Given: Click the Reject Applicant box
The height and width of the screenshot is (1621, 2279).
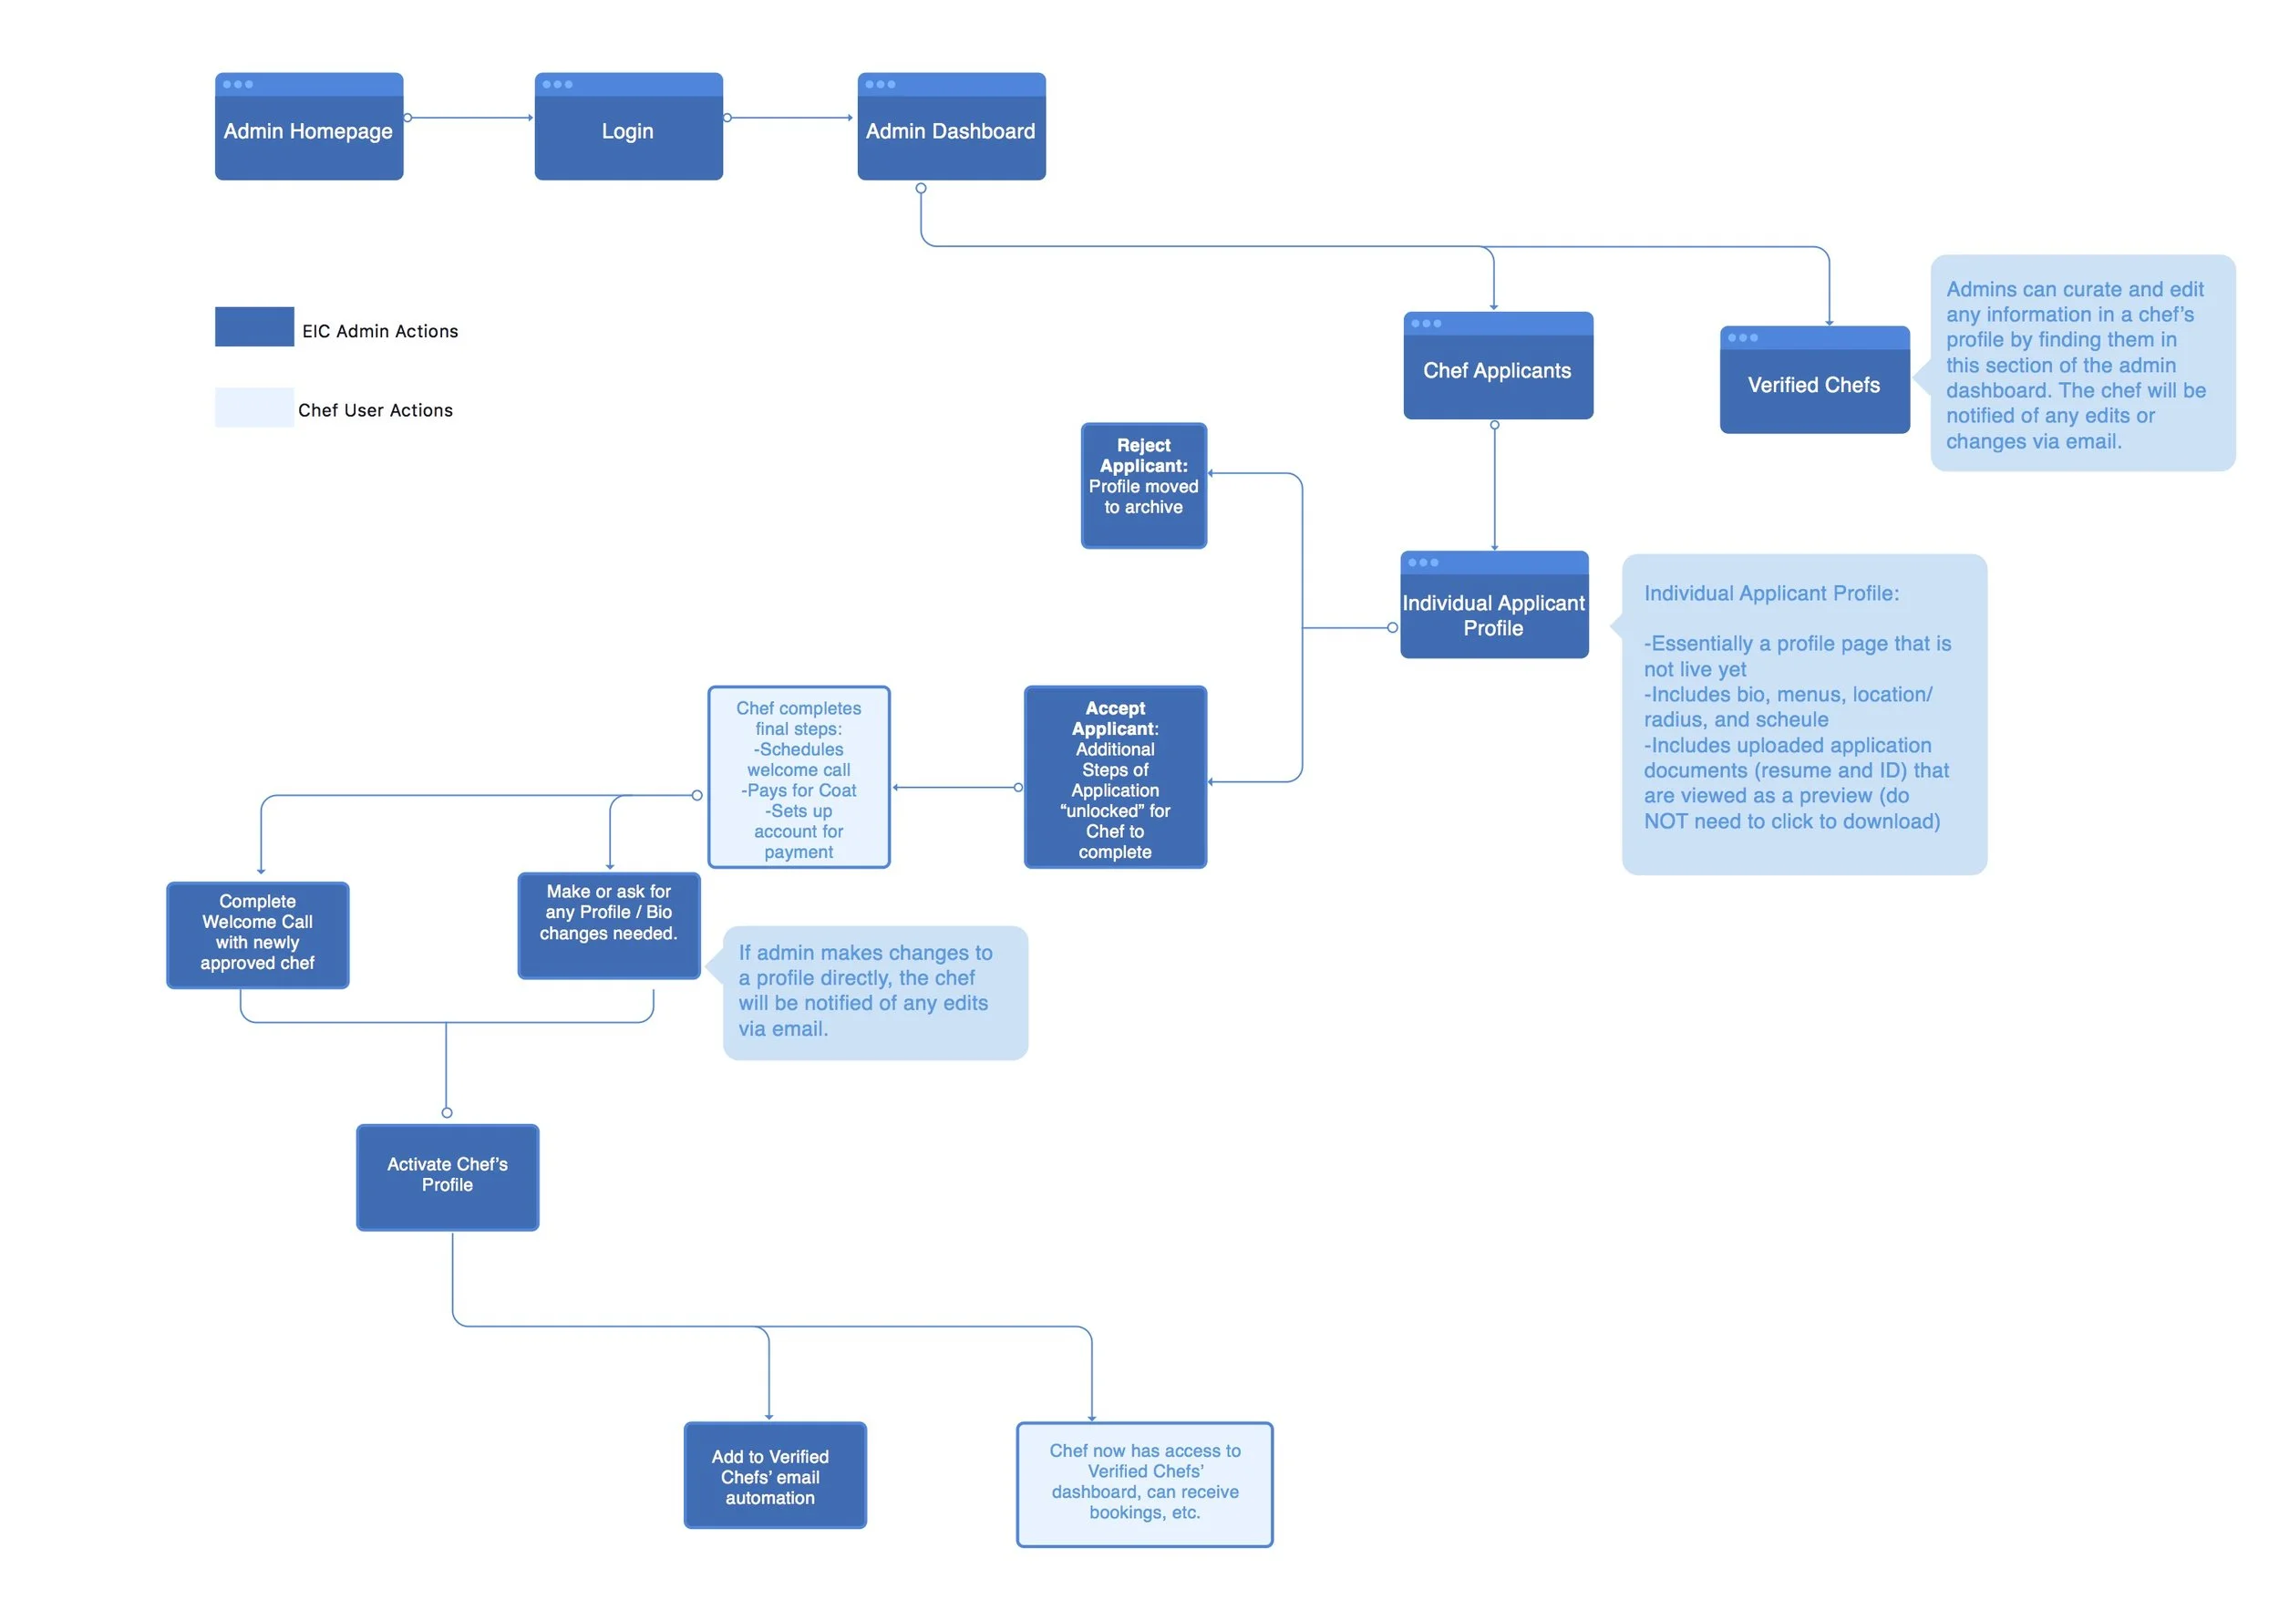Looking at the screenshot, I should click(x=1142, y=486).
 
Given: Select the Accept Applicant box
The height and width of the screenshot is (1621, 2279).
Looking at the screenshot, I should click(x=1115, y=778).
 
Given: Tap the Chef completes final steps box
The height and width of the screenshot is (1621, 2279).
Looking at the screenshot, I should click(x=799, y=778).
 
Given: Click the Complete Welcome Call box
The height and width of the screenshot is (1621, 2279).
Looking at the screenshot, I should click(x=256, y=935).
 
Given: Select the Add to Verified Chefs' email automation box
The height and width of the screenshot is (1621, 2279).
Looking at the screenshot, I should click(x=773, y=1475).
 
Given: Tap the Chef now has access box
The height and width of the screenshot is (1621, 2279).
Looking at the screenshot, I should click(x=1143, y=1484).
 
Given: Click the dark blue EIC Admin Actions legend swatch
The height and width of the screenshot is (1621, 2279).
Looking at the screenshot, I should click(x=253, y=326).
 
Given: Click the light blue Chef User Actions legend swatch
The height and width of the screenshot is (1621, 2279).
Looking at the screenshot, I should click(x=253, y=408).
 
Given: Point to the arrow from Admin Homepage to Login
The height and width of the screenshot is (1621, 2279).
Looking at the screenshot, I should click(x=468, y=118).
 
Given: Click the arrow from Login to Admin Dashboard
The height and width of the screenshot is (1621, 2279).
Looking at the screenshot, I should click(x=789, y=118).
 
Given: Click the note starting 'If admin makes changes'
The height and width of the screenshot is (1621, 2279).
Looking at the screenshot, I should click(x=874, y=992).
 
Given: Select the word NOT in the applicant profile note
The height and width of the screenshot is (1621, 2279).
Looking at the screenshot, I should click(x=1665, y=821).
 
